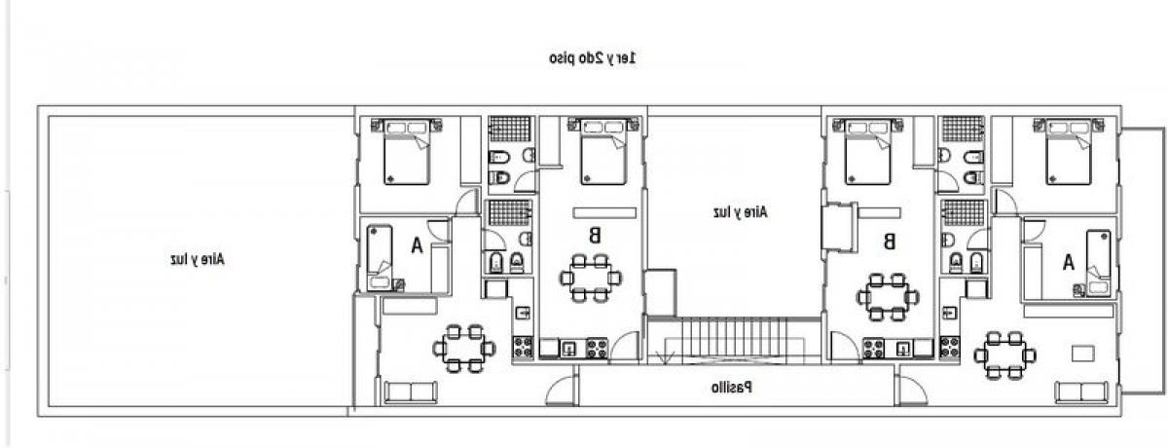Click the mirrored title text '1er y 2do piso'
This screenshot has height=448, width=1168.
point(593,58)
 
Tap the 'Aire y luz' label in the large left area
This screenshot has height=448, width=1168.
point(197,259)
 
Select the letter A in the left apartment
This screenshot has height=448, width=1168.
point(417,245)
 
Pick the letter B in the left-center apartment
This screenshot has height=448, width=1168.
point(593,234)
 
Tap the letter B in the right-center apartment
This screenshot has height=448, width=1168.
point(889,241)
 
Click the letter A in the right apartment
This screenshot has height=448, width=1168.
point(1068,261)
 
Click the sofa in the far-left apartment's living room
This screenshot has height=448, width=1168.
point(412,392)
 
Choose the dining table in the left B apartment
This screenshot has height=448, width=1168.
point(591,278)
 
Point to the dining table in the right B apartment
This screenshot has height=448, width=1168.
point(886,296)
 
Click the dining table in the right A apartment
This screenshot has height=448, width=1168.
point(1004,355)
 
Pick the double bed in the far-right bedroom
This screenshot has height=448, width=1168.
point(1074,151)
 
